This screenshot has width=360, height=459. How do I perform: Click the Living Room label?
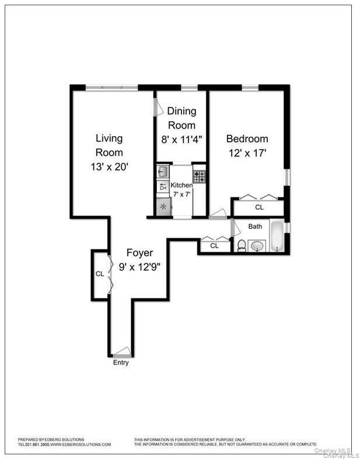tap(109, 145)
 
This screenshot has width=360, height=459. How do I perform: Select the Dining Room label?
tap(182, 117)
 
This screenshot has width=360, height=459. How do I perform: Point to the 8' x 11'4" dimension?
tap(182, 140)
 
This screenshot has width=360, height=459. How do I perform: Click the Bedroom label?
tap(247, 139)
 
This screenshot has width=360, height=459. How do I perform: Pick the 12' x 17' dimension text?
tap(247, 153)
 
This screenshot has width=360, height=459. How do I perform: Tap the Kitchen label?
tap(181, 185)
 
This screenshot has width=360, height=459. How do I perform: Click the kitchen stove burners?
tap(200, 176)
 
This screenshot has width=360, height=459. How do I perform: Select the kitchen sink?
tap(163, 171)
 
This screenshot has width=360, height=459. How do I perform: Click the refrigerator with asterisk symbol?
tap(163, 207)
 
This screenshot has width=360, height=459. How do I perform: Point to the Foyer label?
tap(140, 253)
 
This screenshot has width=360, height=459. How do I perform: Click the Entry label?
tap(121, 363)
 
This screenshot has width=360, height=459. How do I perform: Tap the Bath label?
tap(256, 226)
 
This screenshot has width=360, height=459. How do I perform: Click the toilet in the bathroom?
tap(242, 245)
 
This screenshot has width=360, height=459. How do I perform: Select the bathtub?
tap(277, 235)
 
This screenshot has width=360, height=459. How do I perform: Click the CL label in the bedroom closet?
tap(259, 207)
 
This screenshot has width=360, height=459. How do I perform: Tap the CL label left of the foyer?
tap(100, 274)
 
